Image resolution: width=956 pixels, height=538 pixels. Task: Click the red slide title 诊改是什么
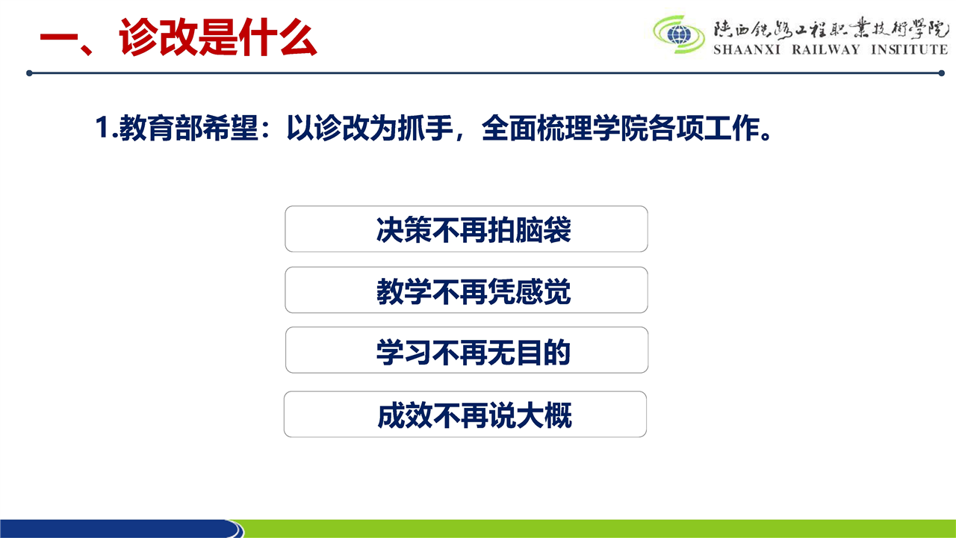217,37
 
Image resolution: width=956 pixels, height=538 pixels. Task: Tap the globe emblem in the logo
679,34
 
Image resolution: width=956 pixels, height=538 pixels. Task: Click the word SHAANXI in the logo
747,49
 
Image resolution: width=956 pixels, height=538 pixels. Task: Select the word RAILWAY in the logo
826,49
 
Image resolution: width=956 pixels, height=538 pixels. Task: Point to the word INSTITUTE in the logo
910,49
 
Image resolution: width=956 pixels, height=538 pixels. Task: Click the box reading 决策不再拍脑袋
466,229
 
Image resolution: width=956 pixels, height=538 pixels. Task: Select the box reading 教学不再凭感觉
466,290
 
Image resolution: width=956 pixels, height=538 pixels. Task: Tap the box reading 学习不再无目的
467,350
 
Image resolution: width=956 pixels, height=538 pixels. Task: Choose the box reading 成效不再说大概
465,414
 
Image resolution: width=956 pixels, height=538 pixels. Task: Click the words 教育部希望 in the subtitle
188,128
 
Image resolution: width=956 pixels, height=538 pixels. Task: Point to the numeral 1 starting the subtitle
102,127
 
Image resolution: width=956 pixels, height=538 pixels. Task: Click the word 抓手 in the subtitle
425,128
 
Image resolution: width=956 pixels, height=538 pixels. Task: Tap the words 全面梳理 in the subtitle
536,128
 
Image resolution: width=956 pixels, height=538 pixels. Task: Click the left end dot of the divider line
29,73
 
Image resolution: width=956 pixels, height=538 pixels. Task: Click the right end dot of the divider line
941,73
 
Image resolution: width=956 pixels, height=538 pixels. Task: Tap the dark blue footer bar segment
119,528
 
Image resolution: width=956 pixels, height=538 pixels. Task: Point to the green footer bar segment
597,528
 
